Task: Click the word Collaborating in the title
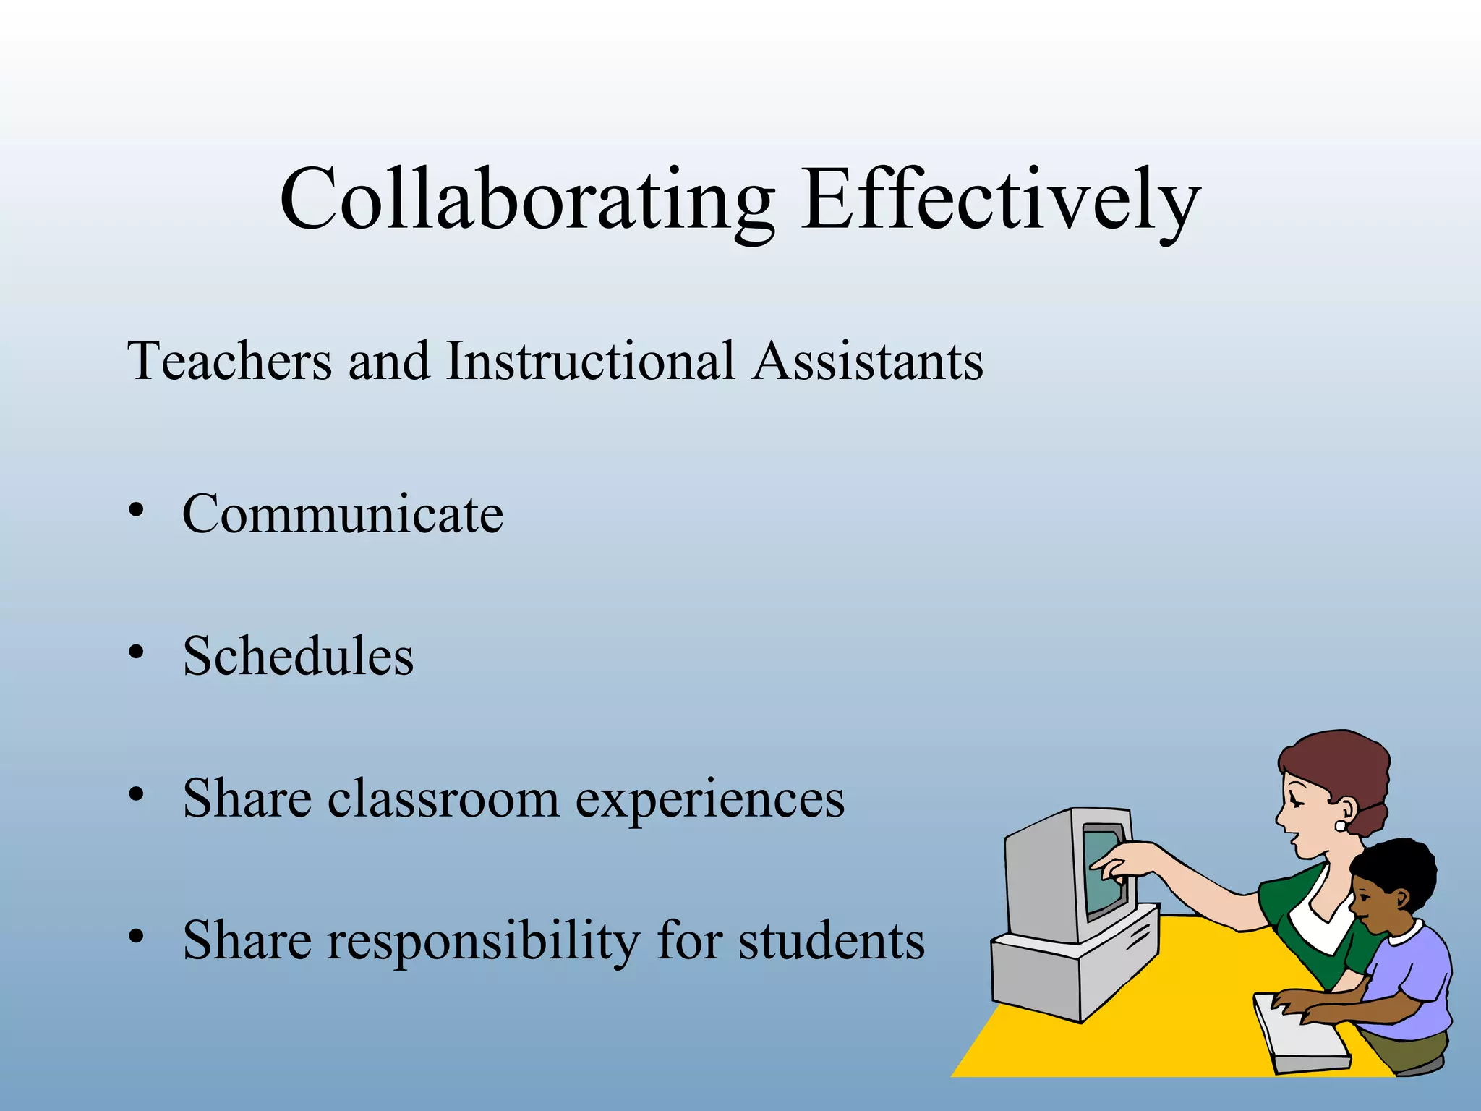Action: point(526,199)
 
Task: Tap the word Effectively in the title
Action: point(1000,199)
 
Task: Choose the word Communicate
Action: point(343,514)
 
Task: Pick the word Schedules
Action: point(298,656)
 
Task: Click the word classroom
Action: point(443,799)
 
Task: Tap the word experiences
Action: point(710,800)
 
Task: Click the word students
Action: point(832,941)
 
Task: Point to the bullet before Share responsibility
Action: point(136,937)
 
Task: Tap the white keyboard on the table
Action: point(1302,1034)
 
